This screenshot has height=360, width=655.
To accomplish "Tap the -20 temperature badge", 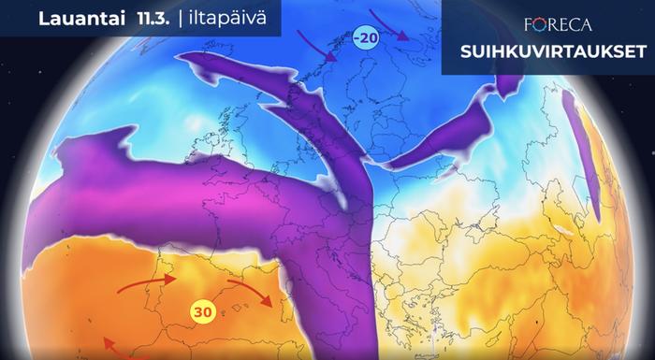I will coord(365,37).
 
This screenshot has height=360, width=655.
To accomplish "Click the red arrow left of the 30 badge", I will coord(146,281).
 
